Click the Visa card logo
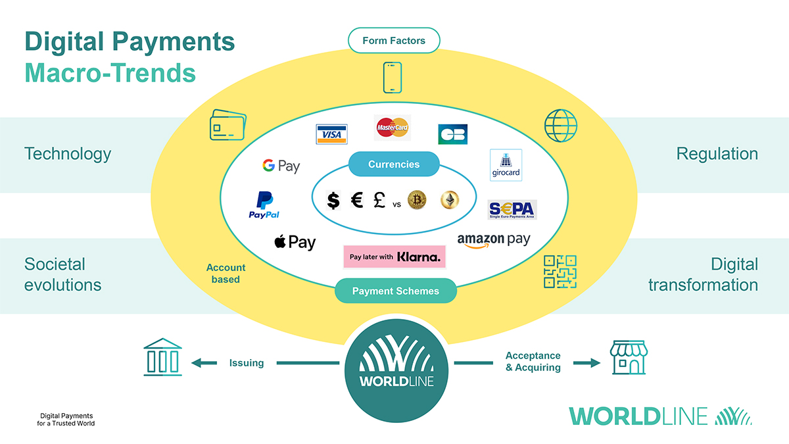click(331, 134)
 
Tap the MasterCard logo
click(393, 127)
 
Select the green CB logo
click(452, 134)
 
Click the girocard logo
click(506, 165)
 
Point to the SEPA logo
click(512, 210)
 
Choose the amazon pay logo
click(493, 241)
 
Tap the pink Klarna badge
click(394, 257)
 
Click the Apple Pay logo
click(295, 242)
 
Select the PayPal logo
click(264, 205)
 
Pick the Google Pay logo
click(281, 166)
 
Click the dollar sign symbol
click(334, 200)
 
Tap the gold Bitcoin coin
click(417, 200)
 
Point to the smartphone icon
click(392, 78)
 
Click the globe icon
click(561, 126)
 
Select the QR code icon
click(560, 272)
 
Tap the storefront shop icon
click(629, 358)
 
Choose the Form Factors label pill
click(394, 41)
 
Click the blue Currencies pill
click(393, 164)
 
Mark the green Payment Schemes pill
click(395, 291)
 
